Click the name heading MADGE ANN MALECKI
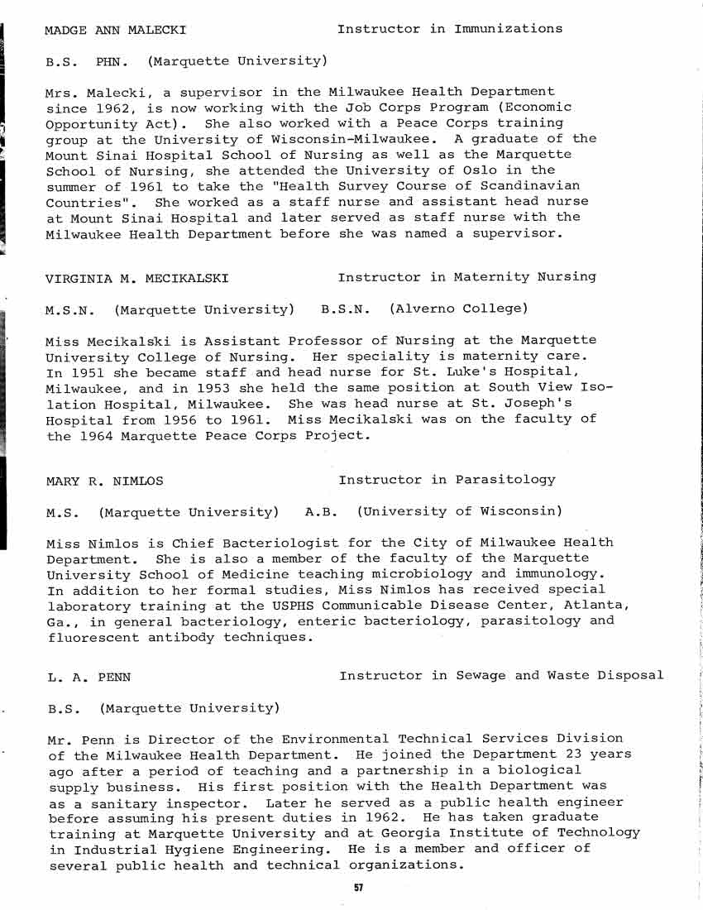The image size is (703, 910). [115, 31]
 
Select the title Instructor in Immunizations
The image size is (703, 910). [450, 29]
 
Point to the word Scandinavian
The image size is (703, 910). [533, 186]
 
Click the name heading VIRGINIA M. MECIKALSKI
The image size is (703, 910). [137, 278]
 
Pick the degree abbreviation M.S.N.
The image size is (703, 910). [69, 310]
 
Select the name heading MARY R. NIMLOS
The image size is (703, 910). [105, 481]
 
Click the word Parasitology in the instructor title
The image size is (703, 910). [505, 480]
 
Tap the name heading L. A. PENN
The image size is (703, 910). [88, 677]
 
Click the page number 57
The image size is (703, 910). [358, 888]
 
